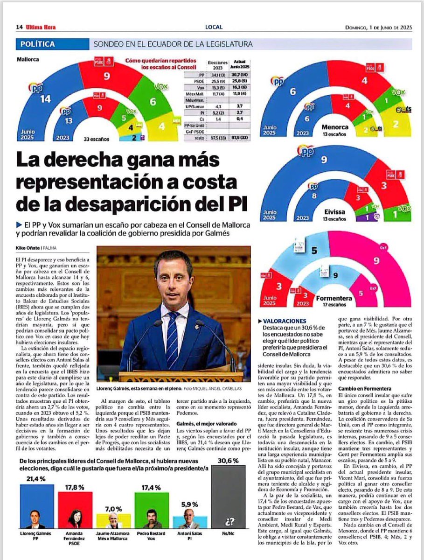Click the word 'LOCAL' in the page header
tap(214, 27)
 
